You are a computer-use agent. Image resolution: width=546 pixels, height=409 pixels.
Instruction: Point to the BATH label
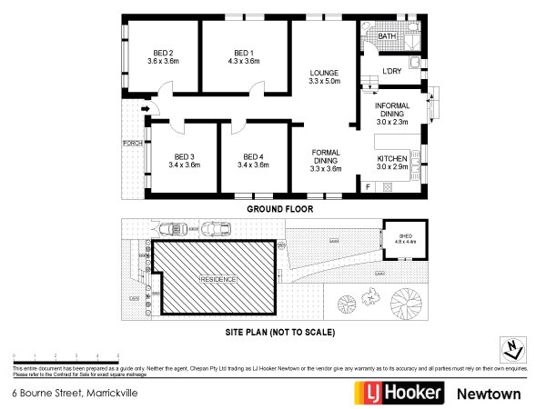(388, 36)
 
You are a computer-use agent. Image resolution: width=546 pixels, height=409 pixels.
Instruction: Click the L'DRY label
(392, 71)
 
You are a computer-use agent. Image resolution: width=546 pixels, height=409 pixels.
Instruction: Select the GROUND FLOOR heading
(280, 209)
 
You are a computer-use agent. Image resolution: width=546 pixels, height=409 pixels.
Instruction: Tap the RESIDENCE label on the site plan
(218, 279)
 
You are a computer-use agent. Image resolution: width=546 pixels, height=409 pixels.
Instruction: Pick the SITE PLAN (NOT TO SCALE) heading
(280, 333)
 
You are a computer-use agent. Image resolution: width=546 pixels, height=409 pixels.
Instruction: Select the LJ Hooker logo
(399, 393)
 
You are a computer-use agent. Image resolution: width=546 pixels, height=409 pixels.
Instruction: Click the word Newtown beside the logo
(489, 394)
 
